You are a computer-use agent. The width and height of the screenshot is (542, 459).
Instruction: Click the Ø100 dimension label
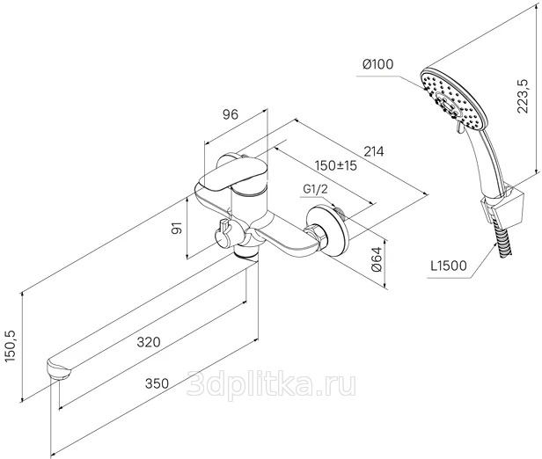(x=377, y=64)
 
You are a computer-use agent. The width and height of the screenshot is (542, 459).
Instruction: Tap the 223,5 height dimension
(x=523, y=97)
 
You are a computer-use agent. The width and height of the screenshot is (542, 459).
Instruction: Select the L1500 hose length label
(x=449, y=266)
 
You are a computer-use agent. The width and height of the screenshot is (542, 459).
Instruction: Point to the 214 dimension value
(x=374, y=151)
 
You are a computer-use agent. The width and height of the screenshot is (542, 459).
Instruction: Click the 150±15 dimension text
(x=335, y=165)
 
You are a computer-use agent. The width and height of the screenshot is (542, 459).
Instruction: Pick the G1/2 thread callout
(x=315, y=189)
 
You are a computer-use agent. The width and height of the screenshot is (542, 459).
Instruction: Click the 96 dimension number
(x=231, y=114)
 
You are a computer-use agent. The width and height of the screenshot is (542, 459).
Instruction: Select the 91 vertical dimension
(x=177, y=228)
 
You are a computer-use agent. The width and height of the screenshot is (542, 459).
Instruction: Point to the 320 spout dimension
(x=149, y=342)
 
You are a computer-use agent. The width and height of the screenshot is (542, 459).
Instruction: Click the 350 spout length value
(x=157, y=383)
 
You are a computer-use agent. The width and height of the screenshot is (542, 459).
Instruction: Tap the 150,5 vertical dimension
(x=11, y=346)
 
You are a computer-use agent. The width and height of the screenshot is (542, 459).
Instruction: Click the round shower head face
(x=454, y=98)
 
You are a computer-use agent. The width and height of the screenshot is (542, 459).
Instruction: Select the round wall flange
(x=328, y=230)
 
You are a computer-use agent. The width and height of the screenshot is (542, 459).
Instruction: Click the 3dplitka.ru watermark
(x=271, y=383)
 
